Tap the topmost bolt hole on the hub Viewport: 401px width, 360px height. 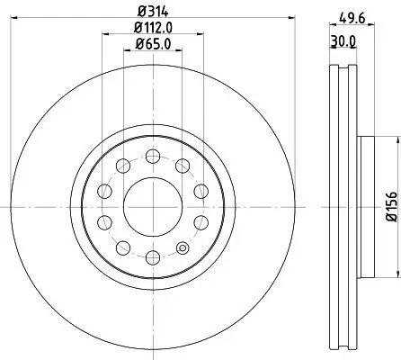150,154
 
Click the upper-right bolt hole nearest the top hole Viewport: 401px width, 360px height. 183,165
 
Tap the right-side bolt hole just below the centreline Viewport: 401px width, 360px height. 200,222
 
